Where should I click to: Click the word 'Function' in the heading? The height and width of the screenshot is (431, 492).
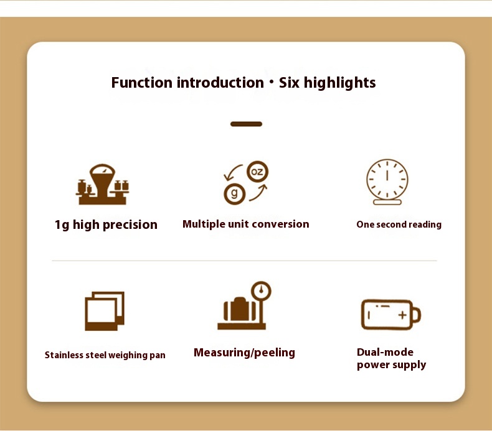pos(142,83)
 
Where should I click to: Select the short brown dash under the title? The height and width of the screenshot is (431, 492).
pos(247,124)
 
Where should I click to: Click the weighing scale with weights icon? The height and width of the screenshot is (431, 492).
pos(102,184)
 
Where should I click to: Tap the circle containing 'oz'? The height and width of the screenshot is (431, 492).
pos(257,172)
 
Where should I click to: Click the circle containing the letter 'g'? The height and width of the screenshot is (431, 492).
pos(234,194)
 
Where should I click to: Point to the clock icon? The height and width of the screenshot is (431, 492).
pos(387,182)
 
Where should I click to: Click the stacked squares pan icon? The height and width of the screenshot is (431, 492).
pos(105,311)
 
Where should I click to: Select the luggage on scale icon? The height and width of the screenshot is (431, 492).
pos(244,305)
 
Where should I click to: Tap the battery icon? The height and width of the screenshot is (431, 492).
pos(391,315)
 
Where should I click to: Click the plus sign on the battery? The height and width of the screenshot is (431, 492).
pos(402,315)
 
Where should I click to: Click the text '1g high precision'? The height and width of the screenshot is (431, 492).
pos(106,225)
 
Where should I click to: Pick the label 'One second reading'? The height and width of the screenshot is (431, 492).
pos(399,225)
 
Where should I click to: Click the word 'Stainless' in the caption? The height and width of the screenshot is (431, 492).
pos(64,355)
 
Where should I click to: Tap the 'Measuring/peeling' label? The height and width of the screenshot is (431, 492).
pos(244,353)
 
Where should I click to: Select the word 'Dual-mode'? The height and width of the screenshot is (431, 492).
pos(385,352)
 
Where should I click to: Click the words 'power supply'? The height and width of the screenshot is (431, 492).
pos(391,365)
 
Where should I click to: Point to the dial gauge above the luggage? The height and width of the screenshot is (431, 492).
pos(261,291)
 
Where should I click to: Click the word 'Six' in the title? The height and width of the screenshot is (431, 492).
pos(289,83)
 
